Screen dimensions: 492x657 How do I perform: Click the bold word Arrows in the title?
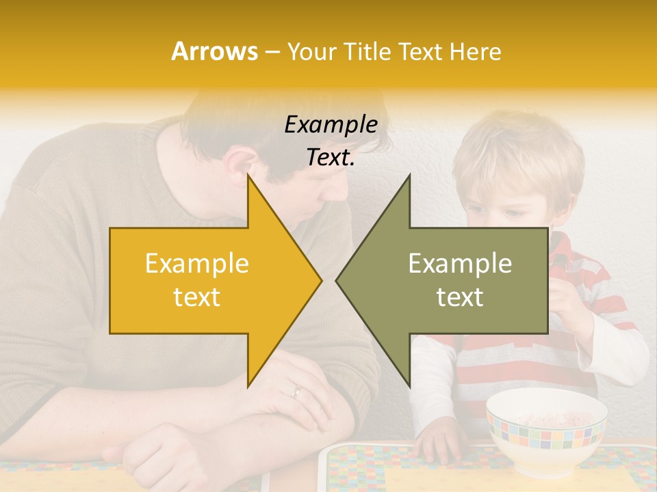214,51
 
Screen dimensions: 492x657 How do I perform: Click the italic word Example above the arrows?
331,125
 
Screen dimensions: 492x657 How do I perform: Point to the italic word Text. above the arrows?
331,157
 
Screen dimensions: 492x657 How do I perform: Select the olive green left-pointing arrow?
452,280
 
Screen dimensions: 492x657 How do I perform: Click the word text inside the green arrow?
460,297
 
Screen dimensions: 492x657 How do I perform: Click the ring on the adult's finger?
296,392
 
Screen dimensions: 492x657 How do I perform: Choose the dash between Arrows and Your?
272,51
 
